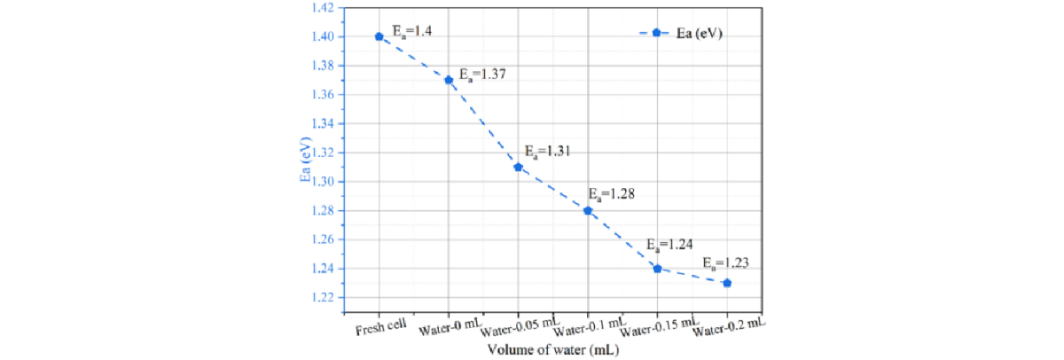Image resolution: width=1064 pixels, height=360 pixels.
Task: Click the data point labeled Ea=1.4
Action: (x=379, y=36)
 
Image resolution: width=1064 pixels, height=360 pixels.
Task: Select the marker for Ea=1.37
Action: (x=449, y=80)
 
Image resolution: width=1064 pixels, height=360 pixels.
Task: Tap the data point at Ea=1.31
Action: (x=518, y=167)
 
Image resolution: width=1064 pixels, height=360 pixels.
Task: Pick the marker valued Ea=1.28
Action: (x=588, y=210)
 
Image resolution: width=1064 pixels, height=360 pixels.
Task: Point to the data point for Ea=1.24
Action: (x=657, y=268)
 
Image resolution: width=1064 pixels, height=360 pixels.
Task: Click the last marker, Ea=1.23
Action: (x=727, y=283)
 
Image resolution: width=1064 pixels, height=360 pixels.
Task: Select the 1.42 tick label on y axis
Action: (x=321, y=8)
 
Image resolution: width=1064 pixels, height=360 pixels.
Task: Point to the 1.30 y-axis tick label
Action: (x=321, y=182)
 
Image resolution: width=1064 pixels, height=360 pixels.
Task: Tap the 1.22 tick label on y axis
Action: (x=321, y=297)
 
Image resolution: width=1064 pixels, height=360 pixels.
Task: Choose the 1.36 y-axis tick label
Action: (x=321, y=95)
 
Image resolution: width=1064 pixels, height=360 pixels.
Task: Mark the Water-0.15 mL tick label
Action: (x=661, y=328)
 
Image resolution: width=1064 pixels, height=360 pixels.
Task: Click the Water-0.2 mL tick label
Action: (x=729, y=326)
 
